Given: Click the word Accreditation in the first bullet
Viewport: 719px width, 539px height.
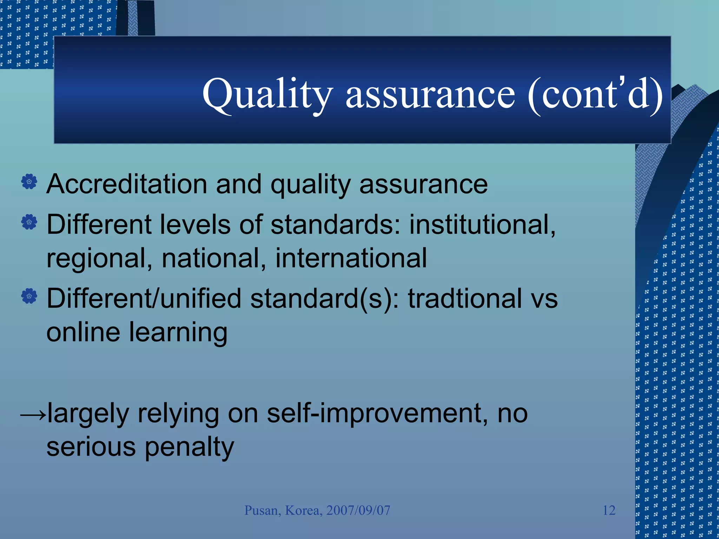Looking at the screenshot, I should coord(127,184).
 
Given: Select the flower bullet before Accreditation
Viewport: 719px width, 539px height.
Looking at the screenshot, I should coord(29,182).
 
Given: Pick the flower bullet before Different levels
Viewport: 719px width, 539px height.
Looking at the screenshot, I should coord(29,222).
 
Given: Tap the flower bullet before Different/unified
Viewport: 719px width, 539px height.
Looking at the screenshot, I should coord(29,296).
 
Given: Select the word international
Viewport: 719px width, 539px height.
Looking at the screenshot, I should coord(351,258).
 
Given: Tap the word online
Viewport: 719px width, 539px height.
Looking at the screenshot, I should coord(83,332).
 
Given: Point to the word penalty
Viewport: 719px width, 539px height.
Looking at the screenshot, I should coord(189,447).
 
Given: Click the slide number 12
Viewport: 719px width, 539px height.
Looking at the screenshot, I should coord(609,510).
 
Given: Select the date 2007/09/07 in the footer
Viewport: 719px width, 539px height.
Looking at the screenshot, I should coord(358,510).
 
